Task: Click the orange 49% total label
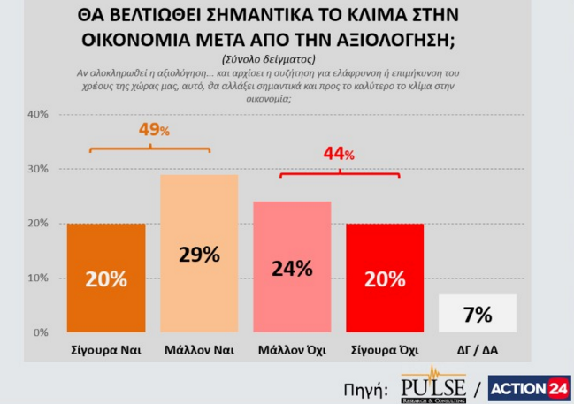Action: pos(153,131)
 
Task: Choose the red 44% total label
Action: pos(340,154)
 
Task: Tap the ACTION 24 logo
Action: pos(530,386)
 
